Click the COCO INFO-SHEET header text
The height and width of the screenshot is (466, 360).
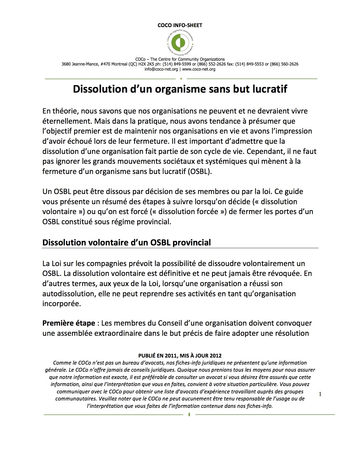pos(180,25)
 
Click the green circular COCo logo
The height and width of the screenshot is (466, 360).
pos(180,42)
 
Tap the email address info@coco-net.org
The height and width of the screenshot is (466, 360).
pos(161,69)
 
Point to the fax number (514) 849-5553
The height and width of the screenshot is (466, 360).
pos(250,64)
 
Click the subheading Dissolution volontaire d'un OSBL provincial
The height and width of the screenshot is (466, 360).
pos(126,243)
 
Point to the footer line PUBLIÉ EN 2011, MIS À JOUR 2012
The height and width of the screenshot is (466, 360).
pos(180,356)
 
